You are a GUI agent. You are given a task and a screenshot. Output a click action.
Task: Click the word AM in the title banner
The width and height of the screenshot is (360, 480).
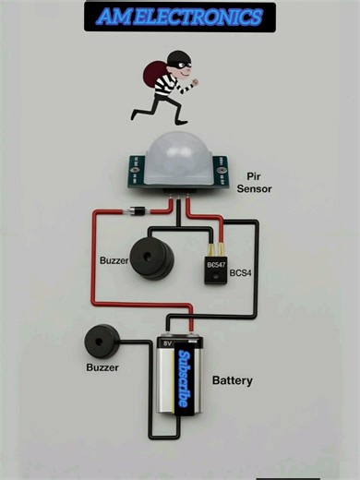click(114, 18)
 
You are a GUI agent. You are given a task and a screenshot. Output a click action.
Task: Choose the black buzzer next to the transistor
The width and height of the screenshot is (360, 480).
click(151, 258)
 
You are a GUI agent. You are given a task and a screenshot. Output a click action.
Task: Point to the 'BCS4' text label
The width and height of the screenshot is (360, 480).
click(242, 273)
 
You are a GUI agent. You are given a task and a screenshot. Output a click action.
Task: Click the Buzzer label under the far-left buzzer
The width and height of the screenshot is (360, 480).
click(102, 367)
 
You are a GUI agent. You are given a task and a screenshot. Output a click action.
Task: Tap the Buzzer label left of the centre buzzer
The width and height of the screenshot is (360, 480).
click(114, 260)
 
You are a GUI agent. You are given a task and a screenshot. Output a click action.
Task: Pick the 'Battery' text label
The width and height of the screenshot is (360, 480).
click(233, 380)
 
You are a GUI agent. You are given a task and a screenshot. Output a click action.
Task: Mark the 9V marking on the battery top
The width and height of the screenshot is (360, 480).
click(168, 342)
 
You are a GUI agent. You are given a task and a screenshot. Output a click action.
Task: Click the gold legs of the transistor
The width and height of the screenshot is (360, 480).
click(214, 247)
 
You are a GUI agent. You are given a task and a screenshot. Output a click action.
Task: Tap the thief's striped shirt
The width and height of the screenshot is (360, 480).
click(165, 85)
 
